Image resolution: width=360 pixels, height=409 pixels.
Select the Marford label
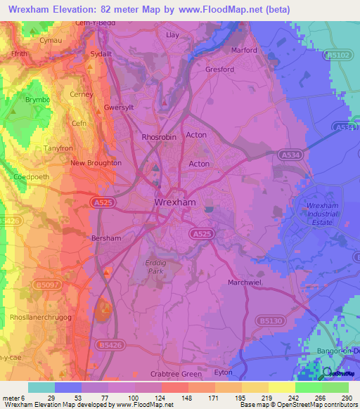click(244, 50)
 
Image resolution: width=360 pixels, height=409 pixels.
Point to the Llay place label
click(172, 34)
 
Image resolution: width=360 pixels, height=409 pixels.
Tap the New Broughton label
click(96, 163)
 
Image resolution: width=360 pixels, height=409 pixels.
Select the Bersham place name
click(107, 238)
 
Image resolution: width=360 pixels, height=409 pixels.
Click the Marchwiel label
click(245, 283)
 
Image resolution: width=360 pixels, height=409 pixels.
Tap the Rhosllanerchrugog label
click(41, 317)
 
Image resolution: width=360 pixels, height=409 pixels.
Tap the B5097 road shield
click(48, 285)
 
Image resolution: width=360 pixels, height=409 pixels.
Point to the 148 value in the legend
click(188, 398)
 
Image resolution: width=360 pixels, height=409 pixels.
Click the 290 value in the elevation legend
click(347, 398)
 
